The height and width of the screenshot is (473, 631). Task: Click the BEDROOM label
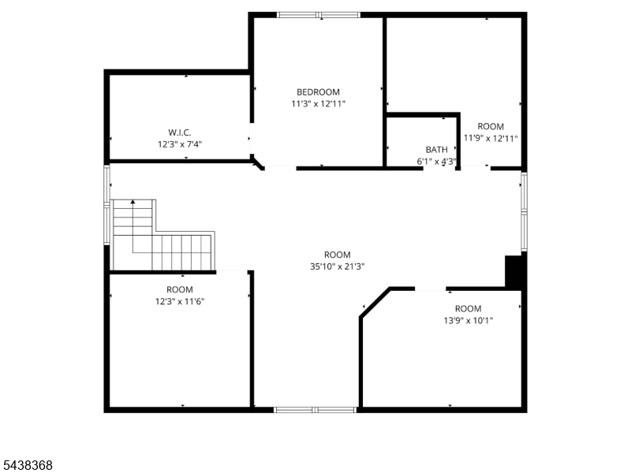coord(318,92)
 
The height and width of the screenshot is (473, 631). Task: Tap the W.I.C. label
coord(180,132)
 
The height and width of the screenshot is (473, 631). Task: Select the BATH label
coord(437,150)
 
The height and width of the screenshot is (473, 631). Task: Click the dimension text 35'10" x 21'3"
coord(338,266)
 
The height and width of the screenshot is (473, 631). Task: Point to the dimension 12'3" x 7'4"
coord(180,144)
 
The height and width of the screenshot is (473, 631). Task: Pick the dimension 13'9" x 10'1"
coord(468,321)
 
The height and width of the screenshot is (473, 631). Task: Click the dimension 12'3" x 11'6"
coord(180,301)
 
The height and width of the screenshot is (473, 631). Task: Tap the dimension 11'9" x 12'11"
coord(491,139)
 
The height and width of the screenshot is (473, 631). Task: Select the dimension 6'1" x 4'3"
coord(437,162)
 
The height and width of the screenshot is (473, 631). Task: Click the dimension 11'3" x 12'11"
coord(318,104)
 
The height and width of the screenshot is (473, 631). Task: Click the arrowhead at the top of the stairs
coord(133,202)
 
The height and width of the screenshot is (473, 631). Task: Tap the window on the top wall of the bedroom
coord(319,15)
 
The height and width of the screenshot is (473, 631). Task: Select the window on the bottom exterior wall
coord(315,410)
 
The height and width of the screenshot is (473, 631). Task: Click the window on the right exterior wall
coord(524,212)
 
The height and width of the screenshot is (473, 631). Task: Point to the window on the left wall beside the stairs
coord(107,204)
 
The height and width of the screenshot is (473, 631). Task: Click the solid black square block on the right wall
coord(514,272)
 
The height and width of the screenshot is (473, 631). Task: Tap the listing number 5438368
coord(28,465)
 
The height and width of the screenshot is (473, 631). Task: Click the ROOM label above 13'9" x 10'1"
coord(468,309)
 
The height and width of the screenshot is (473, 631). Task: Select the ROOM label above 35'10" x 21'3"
coord(338,255)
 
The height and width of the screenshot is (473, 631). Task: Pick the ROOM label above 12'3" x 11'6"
coord(180,289)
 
